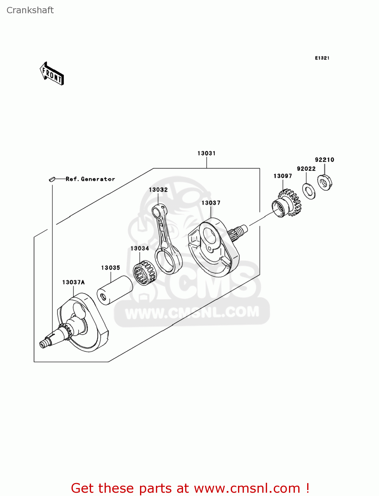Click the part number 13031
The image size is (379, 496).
[x=207, y=153]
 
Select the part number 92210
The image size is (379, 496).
[x=324, y=160]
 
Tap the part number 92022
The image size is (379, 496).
[x=306, y=169]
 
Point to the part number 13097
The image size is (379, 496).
[x=283, y=176]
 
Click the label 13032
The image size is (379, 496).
[x=158, y=190]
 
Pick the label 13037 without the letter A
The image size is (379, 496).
[x=211, y=203]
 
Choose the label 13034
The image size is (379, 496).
[x=140, y=248]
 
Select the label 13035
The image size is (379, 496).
[x=111, y=268]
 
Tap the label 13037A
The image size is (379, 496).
[x=73, y=282]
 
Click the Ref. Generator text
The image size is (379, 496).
[x=90, y=179]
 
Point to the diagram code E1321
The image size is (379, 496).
[x=322, y=58]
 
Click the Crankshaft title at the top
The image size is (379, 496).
[x=30, y=10]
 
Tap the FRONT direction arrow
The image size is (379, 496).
[x=52, y=74]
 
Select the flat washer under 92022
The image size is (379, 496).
[x=309, y=191]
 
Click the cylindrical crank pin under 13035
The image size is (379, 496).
[x=115, y=290]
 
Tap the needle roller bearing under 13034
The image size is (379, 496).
[x=145, y=273]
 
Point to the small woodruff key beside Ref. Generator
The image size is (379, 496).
[x=51, y=179]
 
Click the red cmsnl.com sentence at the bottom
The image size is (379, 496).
[x=190, y=488]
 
